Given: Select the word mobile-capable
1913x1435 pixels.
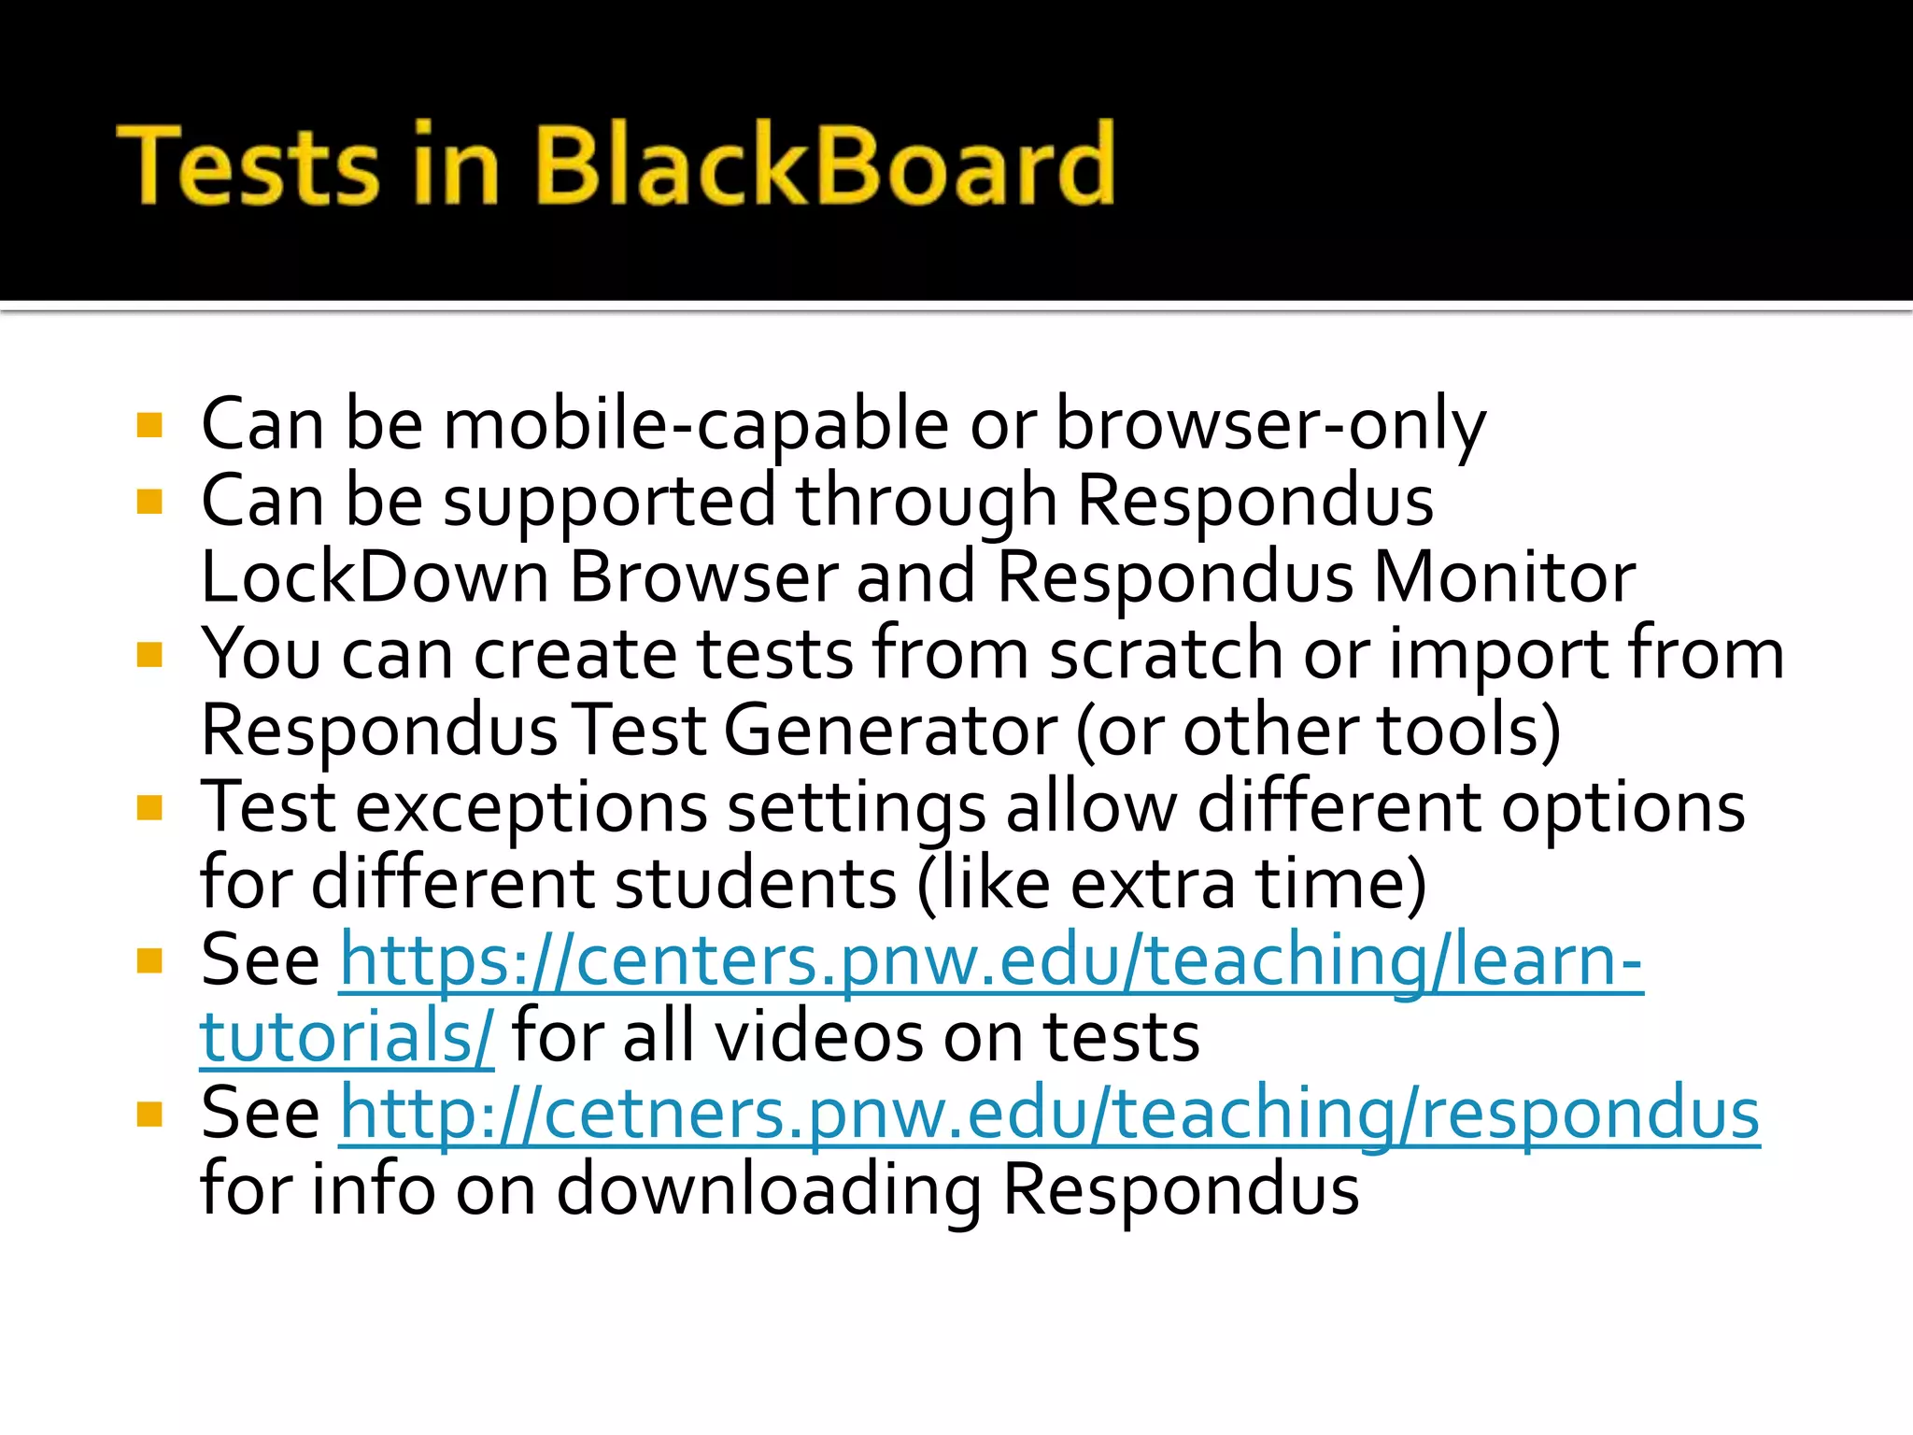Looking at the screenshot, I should pyautogui.click(x=696, y=425).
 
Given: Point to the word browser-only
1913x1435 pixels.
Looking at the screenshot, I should pyautogui.click(x=1269, y=425).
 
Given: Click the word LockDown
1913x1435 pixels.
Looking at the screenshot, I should pyautogui.click(x=375, y=577).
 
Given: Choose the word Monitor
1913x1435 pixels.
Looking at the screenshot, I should pyautogui.click(x=1504, y=577).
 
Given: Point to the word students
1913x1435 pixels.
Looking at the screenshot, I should pyautogui.click(x=757, y=883).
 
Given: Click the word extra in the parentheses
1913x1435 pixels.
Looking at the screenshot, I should pyautogui.click(x=1153, y=883).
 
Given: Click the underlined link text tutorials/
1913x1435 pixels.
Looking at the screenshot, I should pyautogui.click(x=347, y=1037).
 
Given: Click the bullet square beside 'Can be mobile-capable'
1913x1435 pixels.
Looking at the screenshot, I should pyautogui.click(x=149, y=426).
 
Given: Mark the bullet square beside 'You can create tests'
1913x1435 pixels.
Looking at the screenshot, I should pyautogui.click(x=149, y=655).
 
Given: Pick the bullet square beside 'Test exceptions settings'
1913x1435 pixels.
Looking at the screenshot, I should pyautogui.click(x=149, y=807).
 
